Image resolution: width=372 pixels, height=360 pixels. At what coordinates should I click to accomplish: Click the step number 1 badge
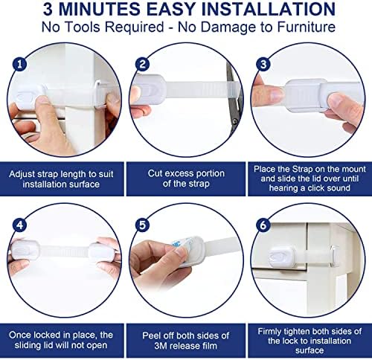click(x=19, y=65)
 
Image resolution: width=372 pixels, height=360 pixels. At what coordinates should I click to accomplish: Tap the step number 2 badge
click(x=142, y=65)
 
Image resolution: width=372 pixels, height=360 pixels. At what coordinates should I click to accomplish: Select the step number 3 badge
click(x=263, y=65)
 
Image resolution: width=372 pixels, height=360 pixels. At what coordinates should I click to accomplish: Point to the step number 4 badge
click(x=19, y=225)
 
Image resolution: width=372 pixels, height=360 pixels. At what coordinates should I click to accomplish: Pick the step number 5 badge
click(x=142, y=225)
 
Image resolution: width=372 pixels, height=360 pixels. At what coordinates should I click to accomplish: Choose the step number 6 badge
click(x=263, y=225)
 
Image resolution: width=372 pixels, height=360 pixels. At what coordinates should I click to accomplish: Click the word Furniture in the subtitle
click(x=307, y=27)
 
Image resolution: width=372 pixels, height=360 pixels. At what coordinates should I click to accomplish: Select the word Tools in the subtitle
click(x=81, y=27)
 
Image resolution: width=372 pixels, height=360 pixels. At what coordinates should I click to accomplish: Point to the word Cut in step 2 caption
click(x=155, y=173)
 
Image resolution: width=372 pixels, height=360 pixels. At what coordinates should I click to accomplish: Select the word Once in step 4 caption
click(x=20, y=335)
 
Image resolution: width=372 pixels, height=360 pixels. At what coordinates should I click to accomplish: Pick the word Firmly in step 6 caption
click(x=269, y=332)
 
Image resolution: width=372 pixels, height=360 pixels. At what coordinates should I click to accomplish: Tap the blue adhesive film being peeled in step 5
click(x=181, y=242)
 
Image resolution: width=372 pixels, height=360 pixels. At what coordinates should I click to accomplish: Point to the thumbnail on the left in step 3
click(x=278, y=94)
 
